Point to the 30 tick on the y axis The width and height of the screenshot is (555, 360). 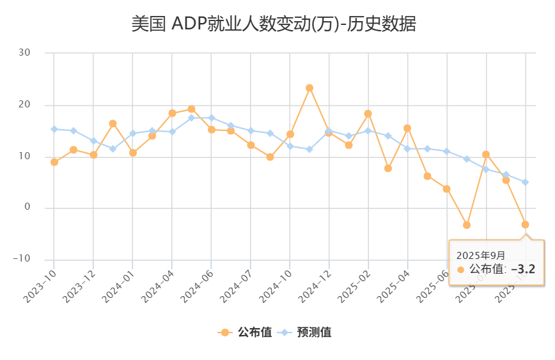click(x=24, y=53)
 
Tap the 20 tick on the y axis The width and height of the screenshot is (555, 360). click(x=24, y=105)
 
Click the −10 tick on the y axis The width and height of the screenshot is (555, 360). click(x=22, y=259)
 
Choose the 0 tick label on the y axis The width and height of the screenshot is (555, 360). click(x=27, y=208)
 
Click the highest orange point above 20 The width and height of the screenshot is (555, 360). click(x=309, y=88)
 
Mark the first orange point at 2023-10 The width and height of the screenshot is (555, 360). click(x=54, y=162)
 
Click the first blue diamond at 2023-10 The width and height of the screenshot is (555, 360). click(x=54, y=129)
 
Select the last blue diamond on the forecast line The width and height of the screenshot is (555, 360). click(x=525, y=182)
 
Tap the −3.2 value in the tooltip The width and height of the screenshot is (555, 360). click(x=522, y=269)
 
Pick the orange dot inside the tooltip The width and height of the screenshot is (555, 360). click(x=460, y=269)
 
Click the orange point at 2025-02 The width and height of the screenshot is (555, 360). click(x=368, y=114)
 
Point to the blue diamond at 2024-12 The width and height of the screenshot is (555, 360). click(x=329, y=130)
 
